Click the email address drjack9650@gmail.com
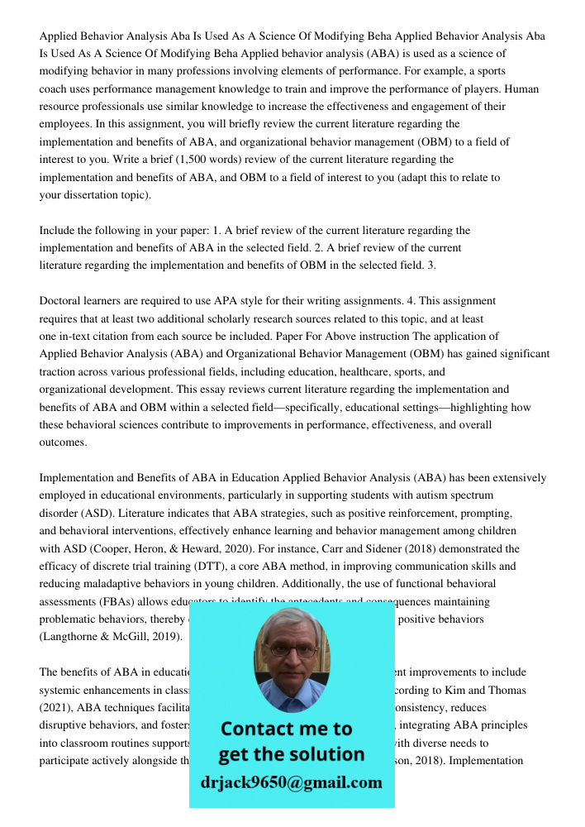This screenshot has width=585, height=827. pos(291,782)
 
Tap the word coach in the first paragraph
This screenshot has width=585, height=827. pos(55,88)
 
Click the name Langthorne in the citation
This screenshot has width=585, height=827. pos(71,637)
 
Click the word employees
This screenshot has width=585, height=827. pos(65,124)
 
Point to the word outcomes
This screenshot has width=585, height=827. pos(63,442)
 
